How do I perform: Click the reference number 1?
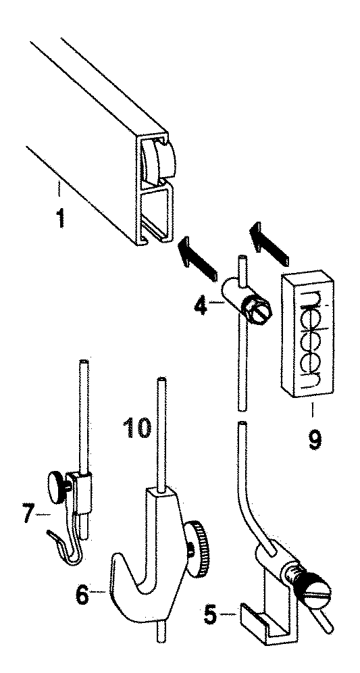coord(61,217)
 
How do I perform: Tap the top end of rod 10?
coord(160,380)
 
